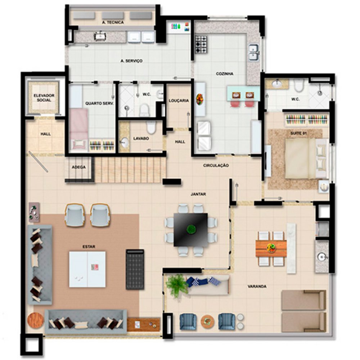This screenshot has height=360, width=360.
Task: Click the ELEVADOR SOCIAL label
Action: [44, 98]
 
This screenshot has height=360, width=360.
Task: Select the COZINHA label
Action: [225, 74]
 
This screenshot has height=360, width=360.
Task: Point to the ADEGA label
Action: [78, 167]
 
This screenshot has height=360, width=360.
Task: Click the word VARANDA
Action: [257, 286]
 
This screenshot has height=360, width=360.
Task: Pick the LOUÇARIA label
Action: [179, 100]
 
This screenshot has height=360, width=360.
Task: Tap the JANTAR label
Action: [198, 194]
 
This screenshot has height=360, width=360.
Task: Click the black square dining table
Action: [191, 230]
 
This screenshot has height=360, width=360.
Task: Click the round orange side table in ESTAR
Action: [36, 320]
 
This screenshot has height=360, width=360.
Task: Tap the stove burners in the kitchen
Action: [201, 44]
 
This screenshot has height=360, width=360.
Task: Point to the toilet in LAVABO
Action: [151, 127]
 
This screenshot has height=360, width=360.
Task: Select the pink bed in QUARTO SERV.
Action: [79, 129]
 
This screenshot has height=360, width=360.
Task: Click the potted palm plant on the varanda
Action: [176, 285]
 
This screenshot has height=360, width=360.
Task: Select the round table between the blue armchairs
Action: [207, 321]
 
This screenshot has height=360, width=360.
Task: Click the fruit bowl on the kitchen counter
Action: [199, 99]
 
